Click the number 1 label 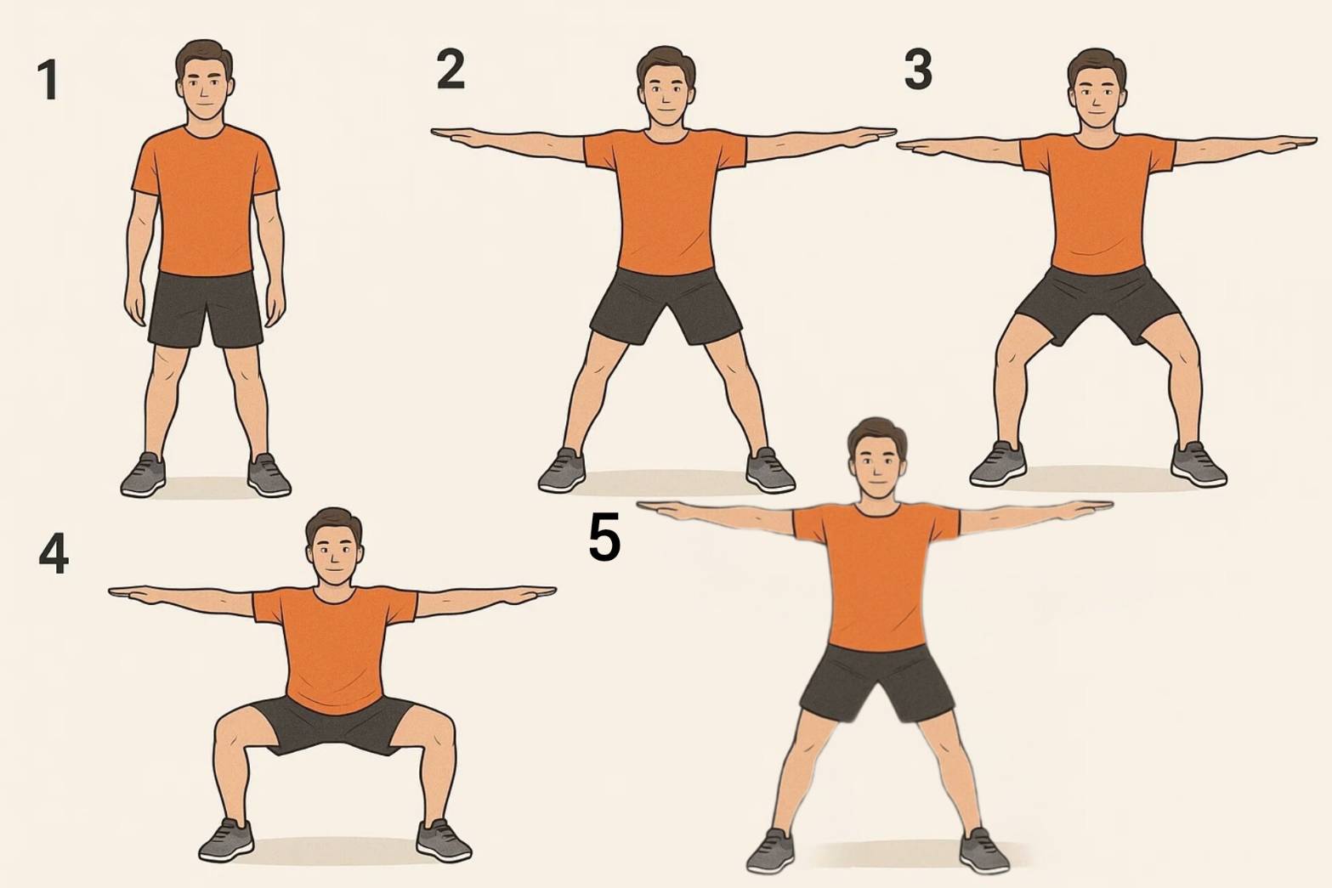click(48, 80)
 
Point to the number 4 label click(54, 554)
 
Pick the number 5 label click(604, 539)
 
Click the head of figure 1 click(205, 80)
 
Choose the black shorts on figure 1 click(206, 309)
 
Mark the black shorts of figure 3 click(1097, 304)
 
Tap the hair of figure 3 click(1097, 65)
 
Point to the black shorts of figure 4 click(333, 725)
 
